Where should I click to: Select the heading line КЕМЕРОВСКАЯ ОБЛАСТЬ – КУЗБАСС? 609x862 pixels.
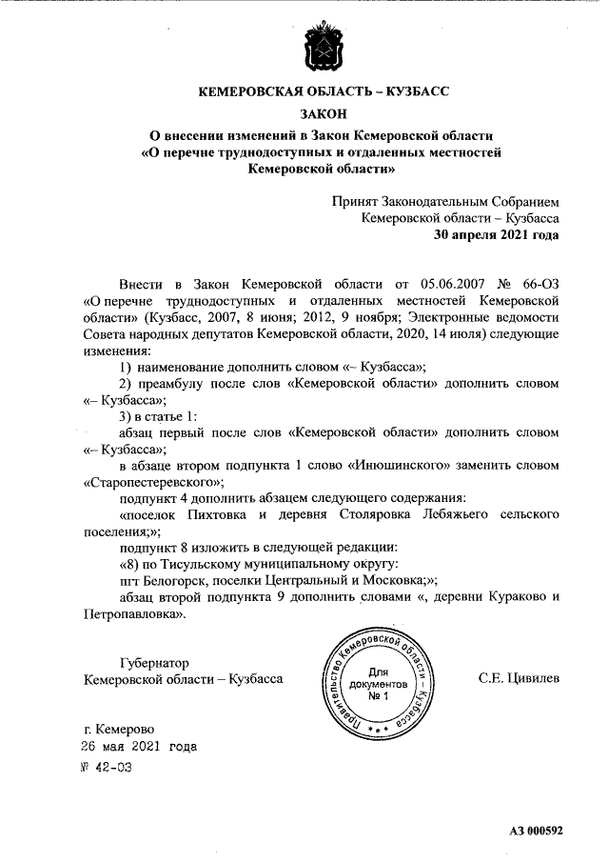coord(322,92)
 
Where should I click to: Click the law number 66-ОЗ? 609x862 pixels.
coord(539,284)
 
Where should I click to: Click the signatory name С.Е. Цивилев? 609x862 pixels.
coord(519,678)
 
